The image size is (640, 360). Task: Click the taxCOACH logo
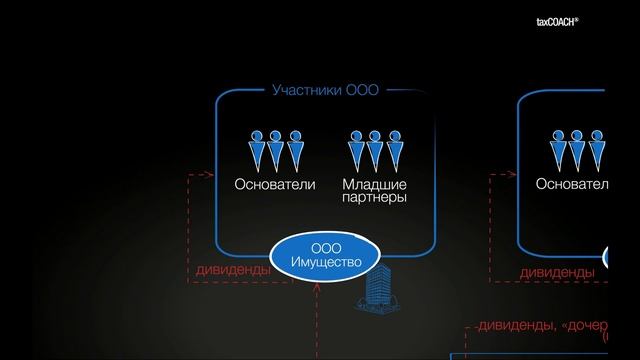click(x=589, y=21)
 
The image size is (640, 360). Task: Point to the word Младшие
click(x=374, y=184)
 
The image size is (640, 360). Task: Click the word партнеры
click(x=374, y=198)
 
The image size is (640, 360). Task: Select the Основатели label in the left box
click(x=274, y=184)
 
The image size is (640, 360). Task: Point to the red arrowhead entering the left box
click(x=211, y=175)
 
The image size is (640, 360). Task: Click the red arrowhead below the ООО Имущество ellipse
click(x=317, y=287)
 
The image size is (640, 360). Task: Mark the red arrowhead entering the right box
click(x=512, y=175)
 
